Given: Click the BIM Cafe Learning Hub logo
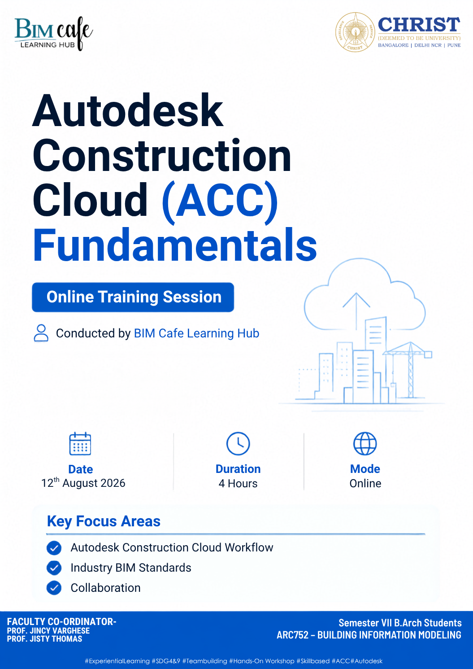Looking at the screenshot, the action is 54,34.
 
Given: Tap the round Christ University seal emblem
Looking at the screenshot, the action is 355,32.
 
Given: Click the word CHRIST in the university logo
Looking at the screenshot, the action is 419,25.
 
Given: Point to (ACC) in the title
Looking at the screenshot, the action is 220,200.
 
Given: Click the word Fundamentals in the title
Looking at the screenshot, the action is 174,244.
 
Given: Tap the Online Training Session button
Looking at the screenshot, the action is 133,297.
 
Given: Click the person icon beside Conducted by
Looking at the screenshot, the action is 41,333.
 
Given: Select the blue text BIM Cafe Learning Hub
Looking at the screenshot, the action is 196,333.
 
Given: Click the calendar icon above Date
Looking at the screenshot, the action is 80,443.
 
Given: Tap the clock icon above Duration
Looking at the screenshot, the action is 238,443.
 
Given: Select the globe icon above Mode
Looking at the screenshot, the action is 365,443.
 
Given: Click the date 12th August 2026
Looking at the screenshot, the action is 83,483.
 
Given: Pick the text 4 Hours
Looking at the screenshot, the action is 238,483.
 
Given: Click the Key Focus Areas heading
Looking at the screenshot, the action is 104,521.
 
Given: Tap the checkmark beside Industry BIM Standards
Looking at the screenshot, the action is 54,568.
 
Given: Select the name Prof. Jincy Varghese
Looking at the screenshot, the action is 48,630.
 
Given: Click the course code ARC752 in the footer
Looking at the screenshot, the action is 292,634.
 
